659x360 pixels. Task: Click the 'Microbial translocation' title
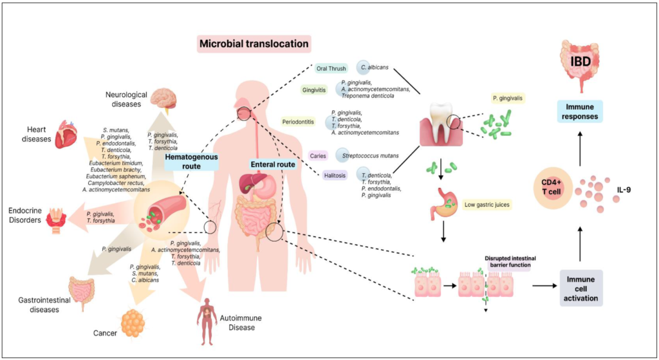[x=254, y=44]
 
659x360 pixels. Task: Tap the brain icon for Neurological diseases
[x=163, y=98]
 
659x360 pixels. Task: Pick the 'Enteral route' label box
[x=274, y=164]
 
